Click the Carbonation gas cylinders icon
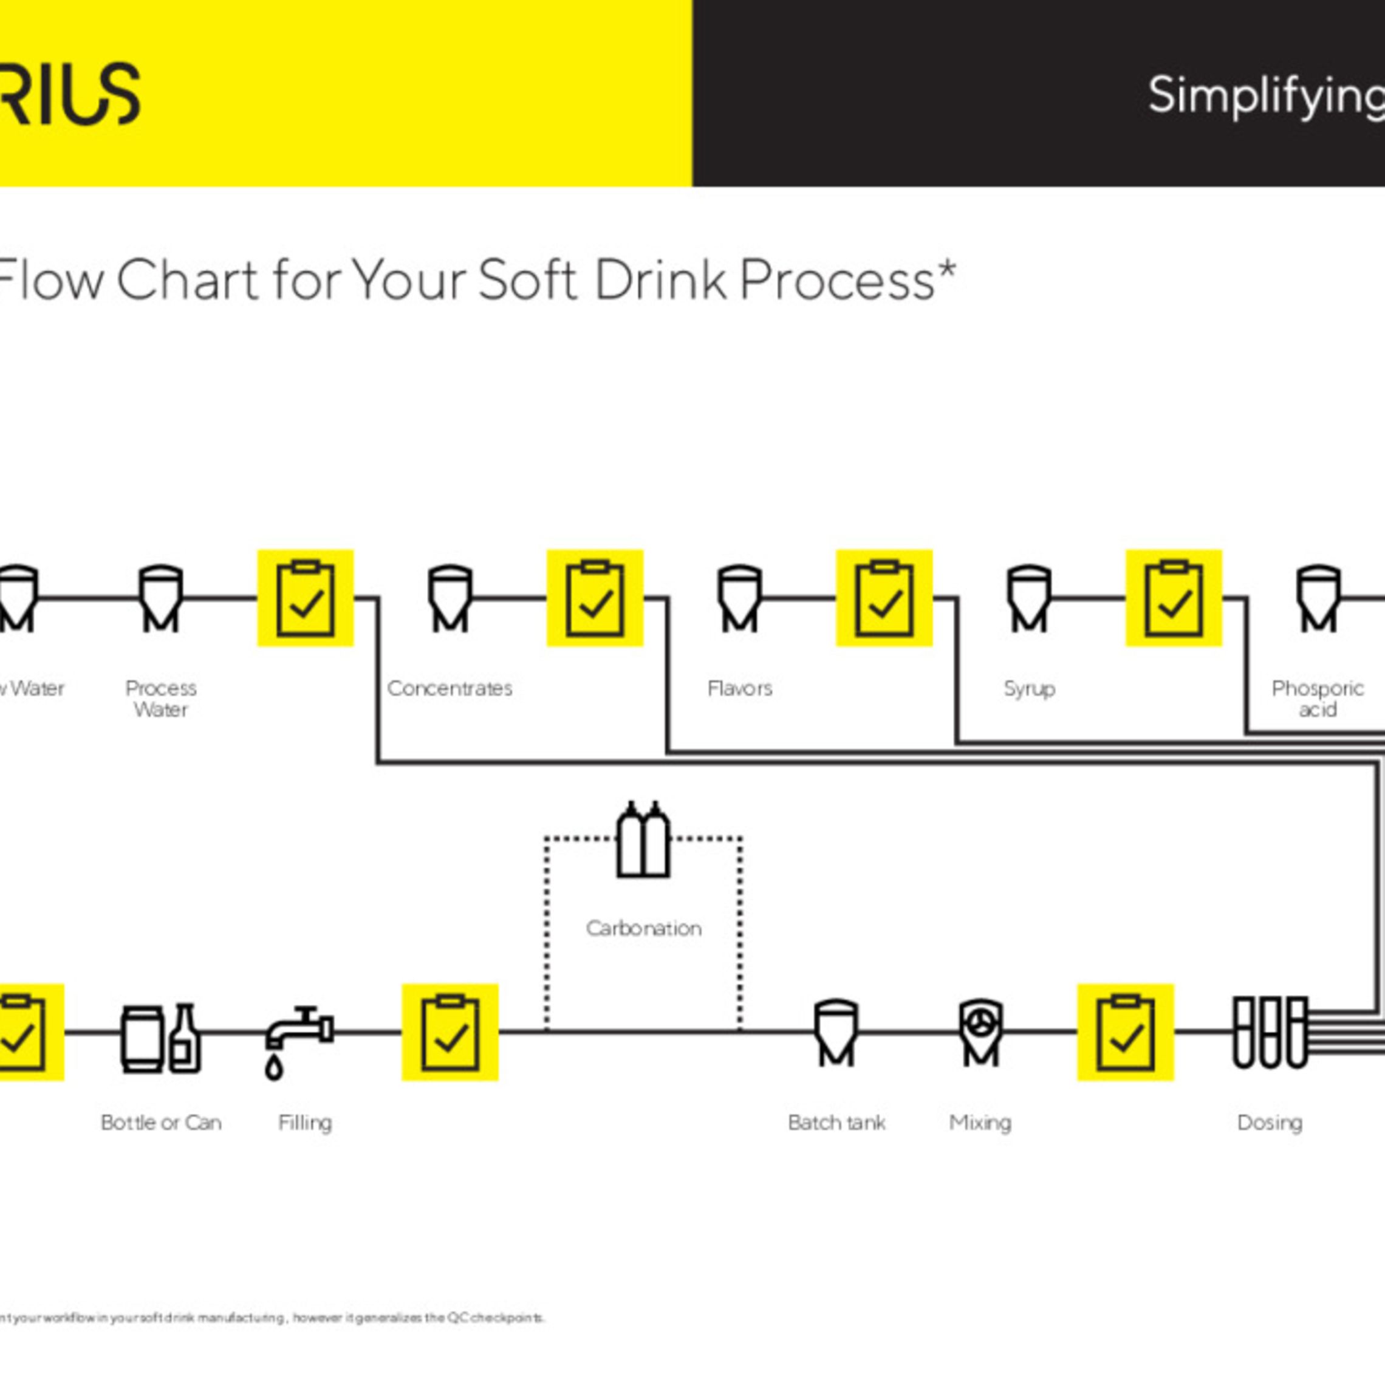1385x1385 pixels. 643,840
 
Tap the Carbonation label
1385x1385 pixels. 643,928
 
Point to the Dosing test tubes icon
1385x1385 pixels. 1270,1032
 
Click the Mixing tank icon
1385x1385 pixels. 980,1032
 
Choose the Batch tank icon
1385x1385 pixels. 836,1032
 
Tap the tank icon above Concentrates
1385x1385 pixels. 450,598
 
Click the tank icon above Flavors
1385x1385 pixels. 739,598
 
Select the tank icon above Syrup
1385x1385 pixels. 1028,598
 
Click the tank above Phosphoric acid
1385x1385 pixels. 1318,598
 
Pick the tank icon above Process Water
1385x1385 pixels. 160,598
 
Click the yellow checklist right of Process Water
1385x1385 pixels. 306,598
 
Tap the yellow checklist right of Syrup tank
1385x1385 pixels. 1174,598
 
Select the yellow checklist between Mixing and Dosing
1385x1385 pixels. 1126,1032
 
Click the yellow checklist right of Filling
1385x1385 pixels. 450,1032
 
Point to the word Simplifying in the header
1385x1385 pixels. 1265,96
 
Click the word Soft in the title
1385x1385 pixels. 527,280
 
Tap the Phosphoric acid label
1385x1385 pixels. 1318,698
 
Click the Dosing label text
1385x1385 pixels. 1270,1122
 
